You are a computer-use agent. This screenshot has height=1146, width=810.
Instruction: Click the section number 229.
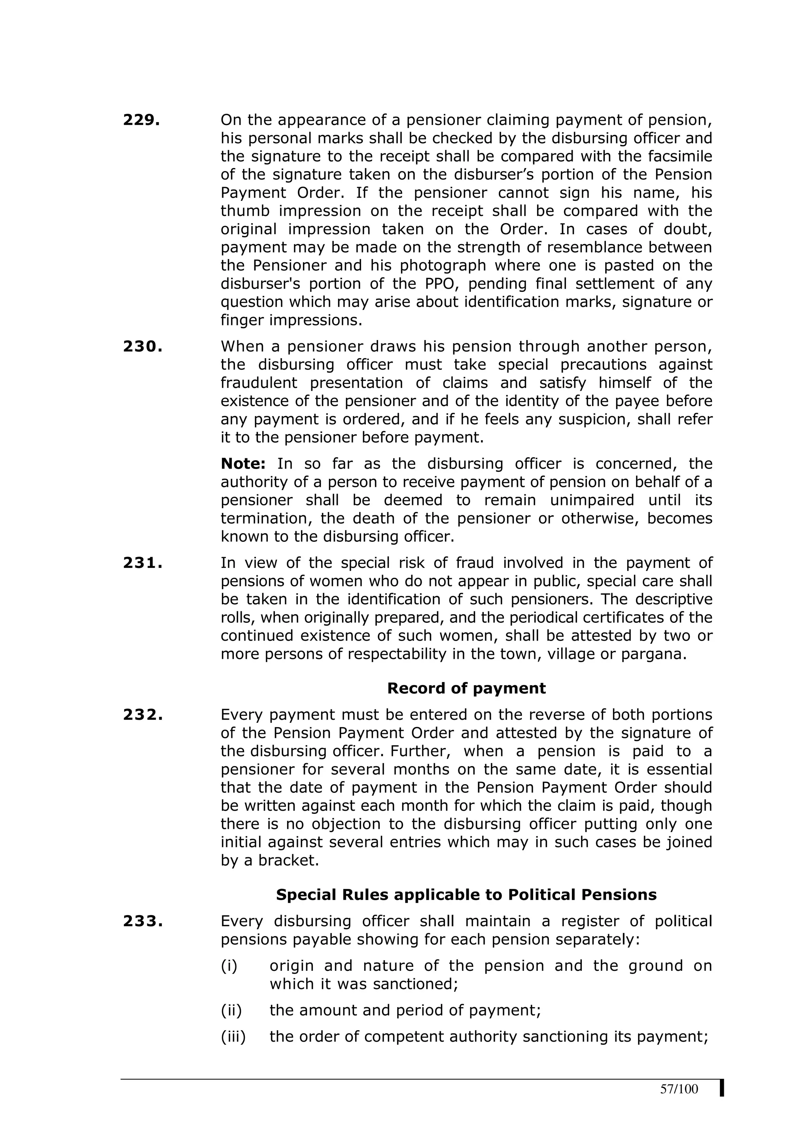click(141, 120)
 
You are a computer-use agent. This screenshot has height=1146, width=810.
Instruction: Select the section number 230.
click(143, 346)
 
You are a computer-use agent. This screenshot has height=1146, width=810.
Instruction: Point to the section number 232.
click(143, 715)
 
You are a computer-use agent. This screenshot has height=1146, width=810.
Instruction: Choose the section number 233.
click(143, 921)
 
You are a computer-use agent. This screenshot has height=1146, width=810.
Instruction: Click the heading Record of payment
click(466, 688)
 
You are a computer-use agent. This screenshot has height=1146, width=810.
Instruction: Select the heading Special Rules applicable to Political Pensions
click(466, 894)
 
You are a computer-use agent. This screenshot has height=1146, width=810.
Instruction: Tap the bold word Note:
click(243, 464)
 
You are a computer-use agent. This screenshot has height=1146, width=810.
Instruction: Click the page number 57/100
click(679, 1089)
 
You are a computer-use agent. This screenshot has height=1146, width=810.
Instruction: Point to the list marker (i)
click(229, 966)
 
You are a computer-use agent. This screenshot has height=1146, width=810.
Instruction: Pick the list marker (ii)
click(231, 1010)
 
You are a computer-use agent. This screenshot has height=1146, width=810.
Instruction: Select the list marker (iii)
click(233, 1037)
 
